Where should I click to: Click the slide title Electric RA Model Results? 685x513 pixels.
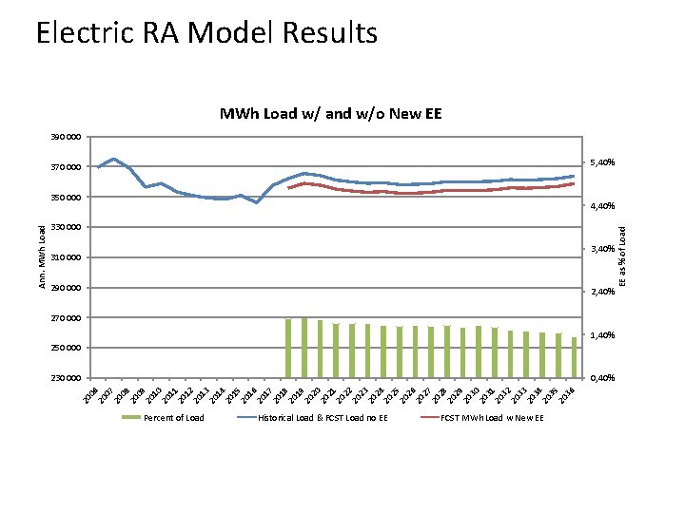coord(206,33)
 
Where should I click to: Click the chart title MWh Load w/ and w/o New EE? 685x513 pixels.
coord(330,114)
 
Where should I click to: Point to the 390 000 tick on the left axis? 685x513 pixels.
coord(66,137)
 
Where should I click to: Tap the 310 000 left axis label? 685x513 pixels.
coord(66,257)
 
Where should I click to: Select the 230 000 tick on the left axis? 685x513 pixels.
coord(66,378)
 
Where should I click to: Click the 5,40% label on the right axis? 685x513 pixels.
coord(603,162)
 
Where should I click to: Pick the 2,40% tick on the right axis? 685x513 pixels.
coord(603,292)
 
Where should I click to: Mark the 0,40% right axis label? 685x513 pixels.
coord(603,378)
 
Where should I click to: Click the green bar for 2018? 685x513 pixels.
coord(288,348)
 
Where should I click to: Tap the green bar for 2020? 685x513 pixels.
coord(320,349)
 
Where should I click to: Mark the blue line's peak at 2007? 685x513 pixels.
coord(114,159)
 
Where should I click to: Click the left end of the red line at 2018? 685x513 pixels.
coord(288,188)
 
